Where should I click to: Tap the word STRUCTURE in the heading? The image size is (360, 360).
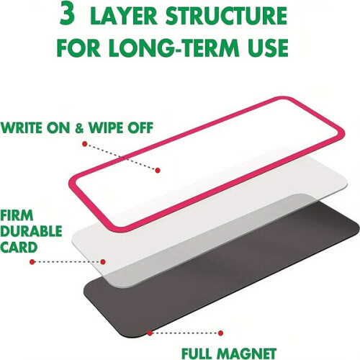pyautogui.click(x=226, y=15)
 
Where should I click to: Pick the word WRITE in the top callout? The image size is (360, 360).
pyautogui.click(x=22, y=127)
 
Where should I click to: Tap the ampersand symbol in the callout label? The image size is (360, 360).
pyautogui.click(x=79, y=127)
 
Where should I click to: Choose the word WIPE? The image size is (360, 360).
pyautogui.click(x=107, y=127)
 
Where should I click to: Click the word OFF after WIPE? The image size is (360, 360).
pyautogui.click(x=141, y=127)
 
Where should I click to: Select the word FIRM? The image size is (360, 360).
pyautogui.click(x=17, y=215)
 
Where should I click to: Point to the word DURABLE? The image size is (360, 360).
pyautogui.click(x=31, y=231)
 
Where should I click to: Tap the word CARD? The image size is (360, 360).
pyautogui.click(x=19, y=247)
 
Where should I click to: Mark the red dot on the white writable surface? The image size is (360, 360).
pyautogui.click(x=158, y=170)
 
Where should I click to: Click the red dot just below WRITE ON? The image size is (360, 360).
pyautogui.click(x=84, y=144)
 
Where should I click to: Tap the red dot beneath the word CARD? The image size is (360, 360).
pyautogui.click(x=32, y=262)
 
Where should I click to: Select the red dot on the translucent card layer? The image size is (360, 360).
pyautogui.click(x=103, y=261)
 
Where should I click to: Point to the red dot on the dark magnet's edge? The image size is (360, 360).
pyautogui.click(x=150, y=333)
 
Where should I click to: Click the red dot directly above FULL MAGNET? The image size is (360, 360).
pyautogui.click(x=220, y=333)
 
